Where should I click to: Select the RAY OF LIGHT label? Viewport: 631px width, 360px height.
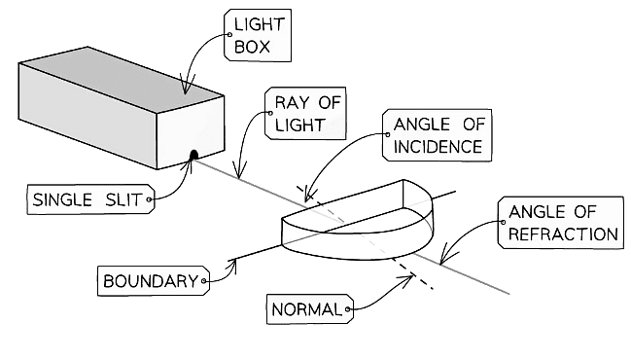[298, 113]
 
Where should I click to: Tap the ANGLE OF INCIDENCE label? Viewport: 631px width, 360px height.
[436, 135]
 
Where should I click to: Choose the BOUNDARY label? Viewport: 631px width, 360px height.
[151, 282]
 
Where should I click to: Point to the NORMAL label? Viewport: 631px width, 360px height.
[307, 310]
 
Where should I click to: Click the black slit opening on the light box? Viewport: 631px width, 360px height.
[194, 154]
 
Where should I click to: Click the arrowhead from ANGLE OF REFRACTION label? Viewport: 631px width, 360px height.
[441, 261]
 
